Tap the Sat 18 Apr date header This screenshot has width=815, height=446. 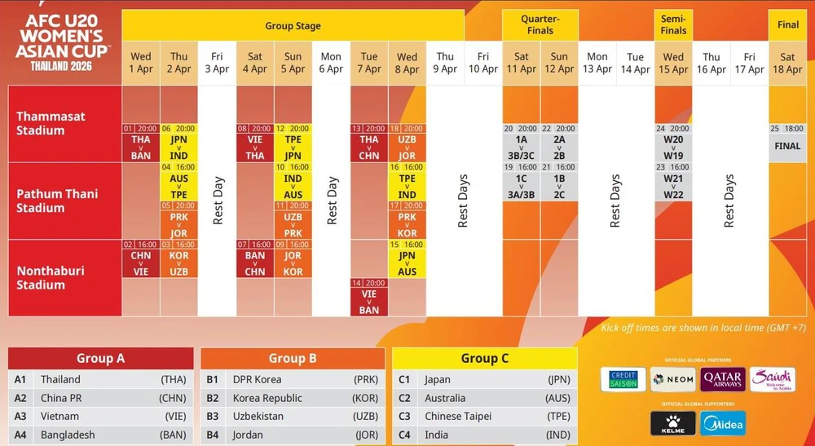click(787, 63)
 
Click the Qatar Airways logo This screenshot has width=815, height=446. click(722, 379)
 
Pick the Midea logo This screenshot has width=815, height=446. click(723, 424)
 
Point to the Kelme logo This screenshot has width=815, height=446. click(672, 424)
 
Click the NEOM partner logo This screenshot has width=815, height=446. click(673, 379)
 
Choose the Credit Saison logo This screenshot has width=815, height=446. click(623, 379)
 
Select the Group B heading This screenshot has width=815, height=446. click(293, 358)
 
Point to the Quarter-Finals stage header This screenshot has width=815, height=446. click(540, 24)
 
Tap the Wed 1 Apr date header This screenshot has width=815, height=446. click(141, 63)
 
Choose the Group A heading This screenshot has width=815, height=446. click(101, 358)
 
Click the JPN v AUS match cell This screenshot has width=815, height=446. click(407, 263)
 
